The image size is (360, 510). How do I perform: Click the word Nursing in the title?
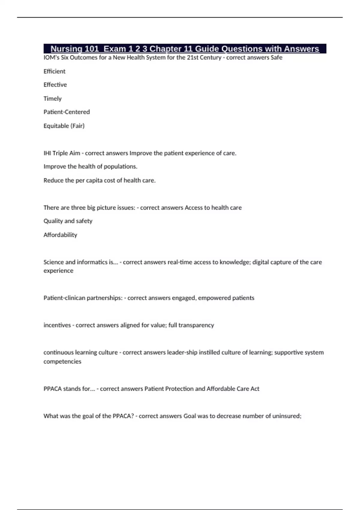(66, 49)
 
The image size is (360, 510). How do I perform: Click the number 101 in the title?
(92, 49)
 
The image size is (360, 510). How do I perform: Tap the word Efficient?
(54, 71)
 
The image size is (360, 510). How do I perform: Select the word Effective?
(55, 85)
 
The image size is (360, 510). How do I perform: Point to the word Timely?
(52, 98)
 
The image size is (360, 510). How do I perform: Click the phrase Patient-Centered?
(67, 112)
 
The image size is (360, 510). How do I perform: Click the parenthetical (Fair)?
(78, 126)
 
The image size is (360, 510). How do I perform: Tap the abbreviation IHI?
(47, 153)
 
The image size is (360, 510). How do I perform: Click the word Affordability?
(60, 235)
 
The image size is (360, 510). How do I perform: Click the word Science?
(53, 262)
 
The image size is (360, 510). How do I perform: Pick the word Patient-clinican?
(63, 298)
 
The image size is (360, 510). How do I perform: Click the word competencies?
(62, 361)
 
